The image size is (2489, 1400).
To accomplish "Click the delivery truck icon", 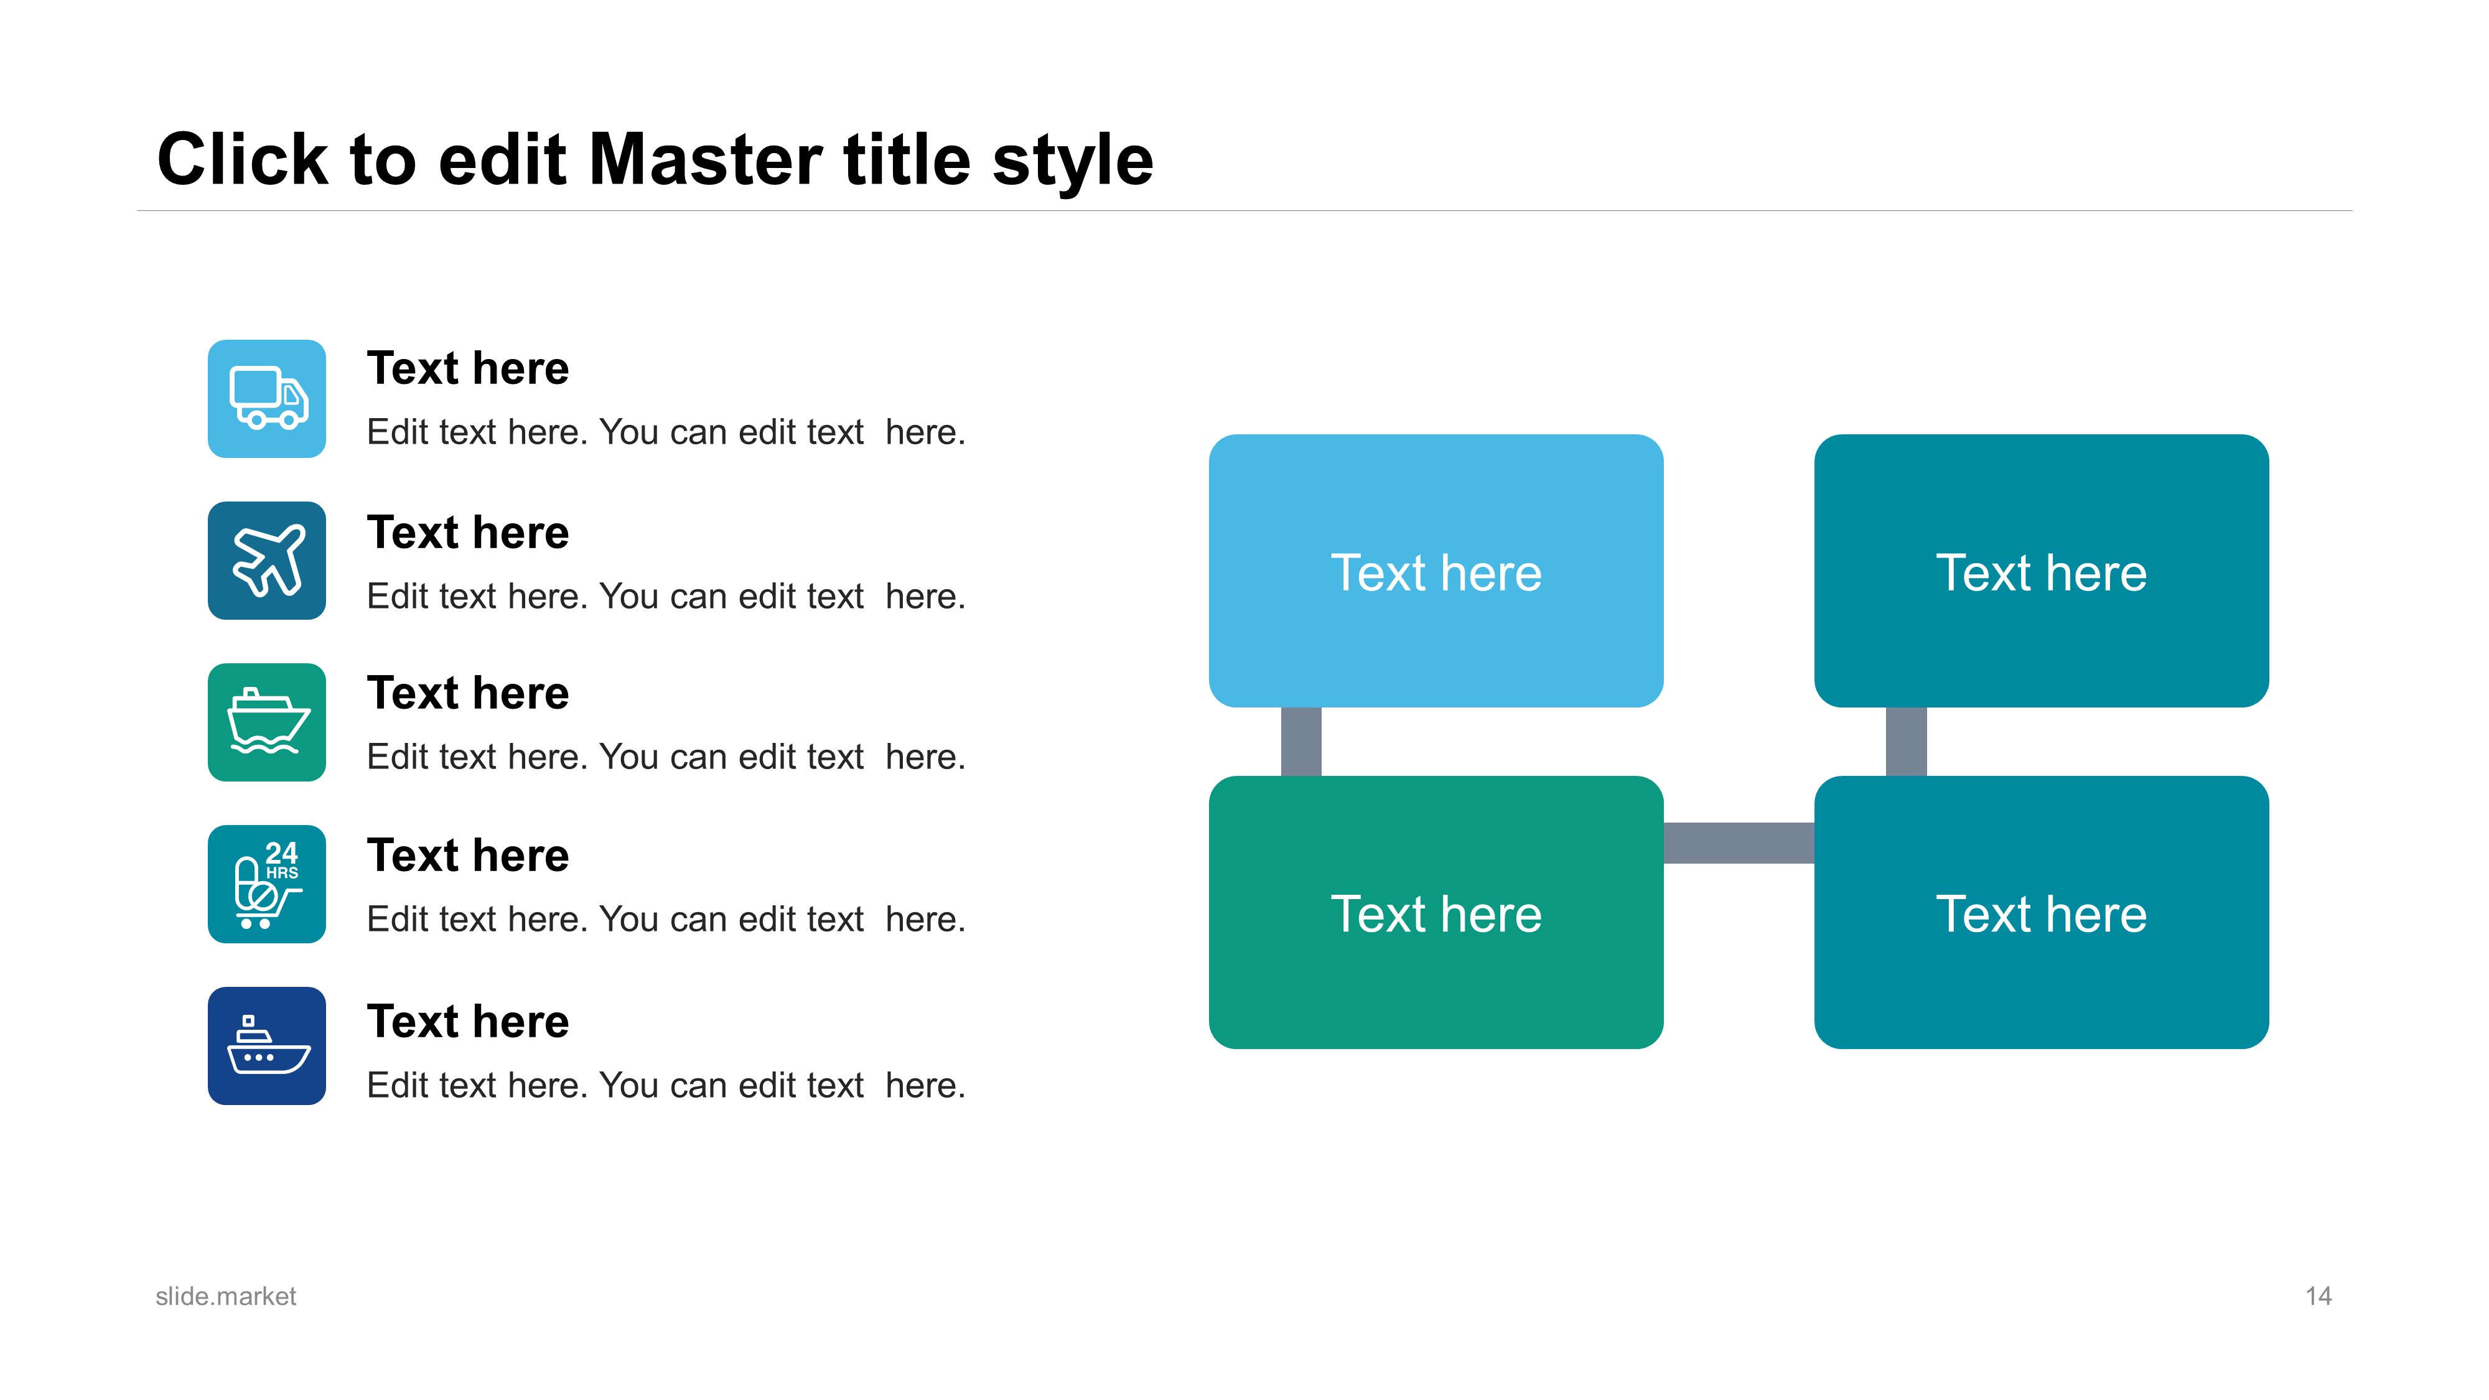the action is click(x=268, y=398).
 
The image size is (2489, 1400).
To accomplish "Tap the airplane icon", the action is click(x=268, y=561).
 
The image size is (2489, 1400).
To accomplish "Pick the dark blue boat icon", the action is click(x=268, y=1045).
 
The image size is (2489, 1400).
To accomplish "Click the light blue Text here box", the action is click(x=1436, y=571).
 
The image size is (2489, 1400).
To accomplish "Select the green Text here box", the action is click(x=1436, y=912).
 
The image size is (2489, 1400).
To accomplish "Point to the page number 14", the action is click(x=2318, y=1297).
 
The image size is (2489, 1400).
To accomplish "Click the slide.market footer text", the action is click(x=226, y=1297).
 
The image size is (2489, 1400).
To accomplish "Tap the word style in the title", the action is click(x=1073, y=162).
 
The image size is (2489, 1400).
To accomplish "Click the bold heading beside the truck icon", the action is click(x=469, y=368).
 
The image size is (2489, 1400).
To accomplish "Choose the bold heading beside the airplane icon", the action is click(x=469, y=533).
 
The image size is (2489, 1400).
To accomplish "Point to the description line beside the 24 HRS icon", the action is click(x=666, y=919).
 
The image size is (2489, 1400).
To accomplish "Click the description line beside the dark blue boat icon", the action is click(x=666, y=1085).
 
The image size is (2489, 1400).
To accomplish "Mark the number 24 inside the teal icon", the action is click(x=281, y=853).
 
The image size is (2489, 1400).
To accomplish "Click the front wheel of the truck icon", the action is click(x=289, y=419).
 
